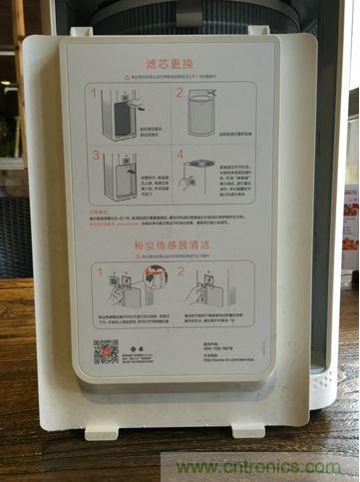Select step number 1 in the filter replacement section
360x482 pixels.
95,92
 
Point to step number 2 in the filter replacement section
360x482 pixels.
180,93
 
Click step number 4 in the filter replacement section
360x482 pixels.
180,155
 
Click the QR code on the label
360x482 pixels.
106,351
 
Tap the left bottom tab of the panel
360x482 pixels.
101,431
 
